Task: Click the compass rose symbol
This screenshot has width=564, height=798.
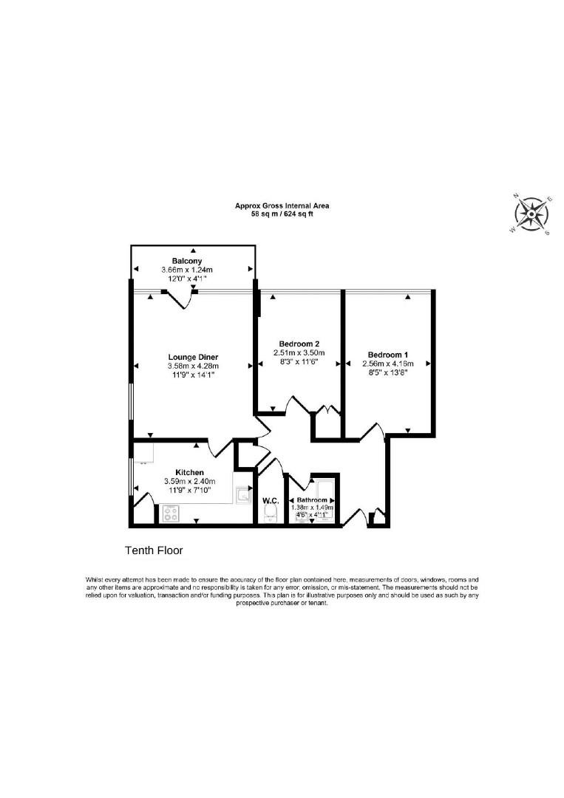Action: point(530,214)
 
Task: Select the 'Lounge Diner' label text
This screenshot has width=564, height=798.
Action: point(193,357)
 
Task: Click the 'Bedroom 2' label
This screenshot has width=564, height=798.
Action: point(299,344)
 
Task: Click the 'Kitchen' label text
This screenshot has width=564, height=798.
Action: point(189,472)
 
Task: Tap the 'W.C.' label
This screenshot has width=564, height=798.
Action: point(269,500)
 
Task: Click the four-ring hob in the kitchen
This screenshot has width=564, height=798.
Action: point(171,511)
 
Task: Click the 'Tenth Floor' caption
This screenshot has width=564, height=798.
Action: point(154,550)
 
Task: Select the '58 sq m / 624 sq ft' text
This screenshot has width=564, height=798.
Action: point(282,214)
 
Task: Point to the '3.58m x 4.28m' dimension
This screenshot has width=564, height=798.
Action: point(193,366)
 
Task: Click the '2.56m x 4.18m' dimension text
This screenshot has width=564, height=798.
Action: point(387,364)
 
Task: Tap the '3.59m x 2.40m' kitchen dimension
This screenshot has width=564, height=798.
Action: point(189,482)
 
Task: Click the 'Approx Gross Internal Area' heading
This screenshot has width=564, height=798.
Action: point(282,205)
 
